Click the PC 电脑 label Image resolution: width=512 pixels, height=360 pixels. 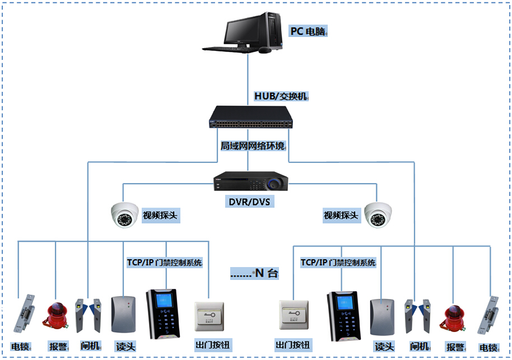(308, 31)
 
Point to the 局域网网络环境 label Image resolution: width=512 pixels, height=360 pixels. (252, 146)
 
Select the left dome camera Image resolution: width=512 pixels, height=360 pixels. (124, 214)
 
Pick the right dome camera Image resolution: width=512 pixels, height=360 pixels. (378, 215)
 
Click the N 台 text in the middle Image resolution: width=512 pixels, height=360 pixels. (255, 274)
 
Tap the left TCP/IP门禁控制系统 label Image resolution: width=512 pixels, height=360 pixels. (165, 262)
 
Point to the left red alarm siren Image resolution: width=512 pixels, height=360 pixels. (56, 316)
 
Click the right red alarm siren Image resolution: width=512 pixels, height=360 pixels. (454, 320)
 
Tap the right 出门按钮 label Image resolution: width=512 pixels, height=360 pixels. (293, 345)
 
